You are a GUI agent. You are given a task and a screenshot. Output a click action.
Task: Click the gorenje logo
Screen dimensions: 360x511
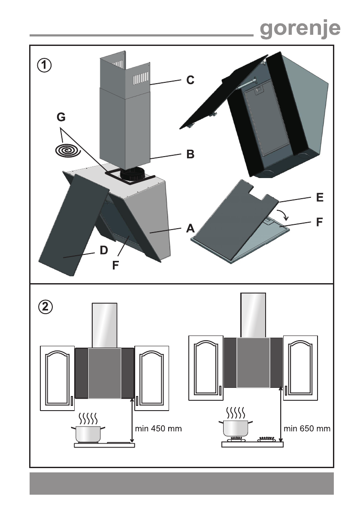pos(300,29)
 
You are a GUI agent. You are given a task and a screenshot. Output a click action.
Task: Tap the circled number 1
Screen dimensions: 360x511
pos(44,65)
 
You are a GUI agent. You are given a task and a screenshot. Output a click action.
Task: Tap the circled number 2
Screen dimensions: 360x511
pos(45,307)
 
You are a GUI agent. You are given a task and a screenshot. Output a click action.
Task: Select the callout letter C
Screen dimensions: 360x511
pos(190,80)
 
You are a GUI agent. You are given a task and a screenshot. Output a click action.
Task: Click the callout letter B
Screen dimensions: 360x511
pos(190,154)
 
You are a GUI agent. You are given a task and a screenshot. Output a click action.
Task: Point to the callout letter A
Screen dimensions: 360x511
pos(190,228)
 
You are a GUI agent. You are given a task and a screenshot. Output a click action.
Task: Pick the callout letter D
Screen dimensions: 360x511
pos(103,250)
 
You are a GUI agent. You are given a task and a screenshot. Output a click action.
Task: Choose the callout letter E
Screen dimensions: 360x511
pos(320,197)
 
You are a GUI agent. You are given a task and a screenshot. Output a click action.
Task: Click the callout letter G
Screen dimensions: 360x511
pos(61,117)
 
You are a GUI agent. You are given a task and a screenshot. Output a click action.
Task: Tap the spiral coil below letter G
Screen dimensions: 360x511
pos(68,151)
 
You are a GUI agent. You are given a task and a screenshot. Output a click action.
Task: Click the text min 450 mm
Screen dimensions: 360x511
pos(158,429)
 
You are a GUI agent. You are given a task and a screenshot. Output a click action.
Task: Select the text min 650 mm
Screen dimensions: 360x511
pos(307,429)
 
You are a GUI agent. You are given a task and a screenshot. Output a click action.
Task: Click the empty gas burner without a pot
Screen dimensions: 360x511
pos(266,439)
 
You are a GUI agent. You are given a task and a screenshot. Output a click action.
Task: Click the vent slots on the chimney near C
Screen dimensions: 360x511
pos(141,78)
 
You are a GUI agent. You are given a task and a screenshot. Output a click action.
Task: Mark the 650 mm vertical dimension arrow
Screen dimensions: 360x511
pos(281,414)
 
